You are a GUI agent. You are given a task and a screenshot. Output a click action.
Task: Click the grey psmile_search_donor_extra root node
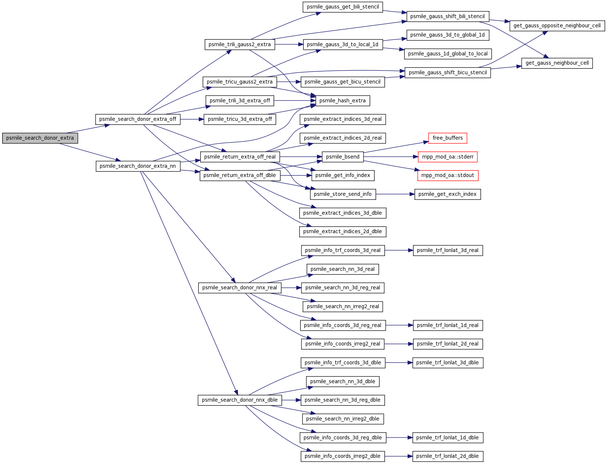click(x=40, y=138)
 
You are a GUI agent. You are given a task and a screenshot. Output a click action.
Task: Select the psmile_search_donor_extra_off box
click(x=138, y=119)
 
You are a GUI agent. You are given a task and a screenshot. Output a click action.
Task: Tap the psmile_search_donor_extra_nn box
click(x=138, y=166)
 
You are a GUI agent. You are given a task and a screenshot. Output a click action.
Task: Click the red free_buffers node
click(x=447, y=138)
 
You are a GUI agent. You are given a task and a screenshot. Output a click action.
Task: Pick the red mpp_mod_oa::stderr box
click(x=447, y=157)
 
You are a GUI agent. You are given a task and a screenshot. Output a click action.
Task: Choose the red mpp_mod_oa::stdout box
click(x=448, y=176)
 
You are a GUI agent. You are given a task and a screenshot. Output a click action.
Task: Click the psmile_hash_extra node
click(x=342, y=101)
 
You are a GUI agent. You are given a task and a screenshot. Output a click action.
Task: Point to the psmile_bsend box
click(x=342, y=157)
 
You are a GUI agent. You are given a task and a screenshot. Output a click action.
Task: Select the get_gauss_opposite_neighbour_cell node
click(x=557, y=26)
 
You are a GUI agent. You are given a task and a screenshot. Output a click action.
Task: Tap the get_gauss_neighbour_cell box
click(x=557, y=63)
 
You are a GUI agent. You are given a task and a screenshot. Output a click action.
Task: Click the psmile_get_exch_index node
click(x=447, y=194)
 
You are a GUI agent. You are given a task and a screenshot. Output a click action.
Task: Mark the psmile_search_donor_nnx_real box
click(x=240, y=287)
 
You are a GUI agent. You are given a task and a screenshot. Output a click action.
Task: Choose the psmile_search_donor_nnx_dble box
click(x=240, y=400)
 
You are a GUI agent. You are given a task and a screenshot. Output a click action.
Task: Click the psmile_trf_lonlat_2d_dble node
click(x=448, y=456)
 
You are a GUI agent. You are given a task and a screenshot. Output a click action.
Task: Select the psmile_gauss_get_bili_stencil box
click(x=342, y=7)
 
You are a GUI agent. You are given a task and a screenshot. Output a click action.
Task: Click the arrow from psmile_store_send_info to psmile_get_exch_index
click(x=395, y=194)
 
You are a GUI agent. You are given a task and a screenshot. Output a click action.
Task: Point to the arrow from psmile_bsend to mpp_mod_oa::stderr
click(x=391, y=157)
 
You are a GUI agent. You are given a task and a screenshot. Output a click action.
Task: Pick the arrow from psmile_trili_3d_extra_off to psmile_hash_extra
click(x=295, y=101)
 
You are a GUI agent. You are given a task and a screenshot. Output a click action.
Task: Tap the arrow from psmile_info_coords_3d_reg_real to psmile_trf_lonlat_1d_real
click(x=399, y=325)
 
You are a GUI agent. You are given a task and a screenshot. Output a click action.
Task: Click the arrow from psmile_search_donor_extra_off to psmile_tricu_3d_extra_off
click(x=192, y=119)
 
